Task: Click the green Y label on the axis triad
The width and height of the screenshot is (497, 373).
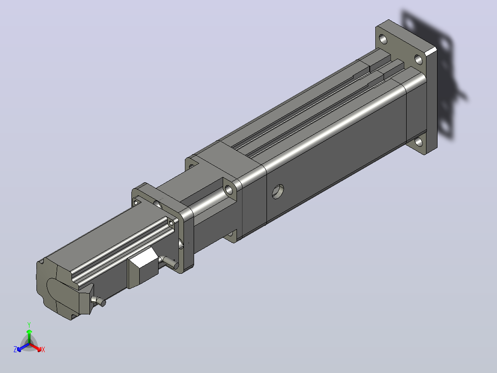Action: tap(29, 325)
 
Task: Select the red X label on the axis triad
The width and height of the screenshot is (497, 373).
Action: tap(43, 349)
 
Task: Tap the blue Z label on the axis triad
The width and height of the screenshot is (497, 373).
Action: tap(15, 349)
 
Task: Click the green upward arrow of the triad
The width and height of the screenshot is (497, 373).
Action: tap(29, 337)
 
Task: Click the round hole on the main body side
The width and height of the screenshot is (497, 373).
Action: tap(278, 192)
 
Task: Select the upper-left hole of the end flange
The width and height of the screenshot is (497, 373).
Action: tap(383, 39)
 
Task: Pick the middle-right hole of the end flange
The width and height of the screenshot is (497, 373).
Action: tap(419, 60)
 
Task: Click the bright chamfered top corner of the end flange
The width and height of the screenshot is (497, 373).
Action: tap(431, 51)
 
